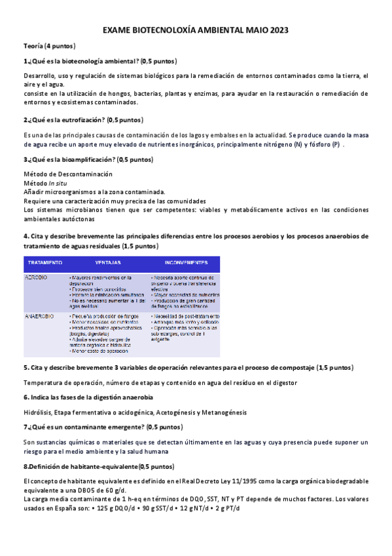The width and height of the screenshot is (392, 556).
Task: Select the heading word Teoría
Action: [35, 46]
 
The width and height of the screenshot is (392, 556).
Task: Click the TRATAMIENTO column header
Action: [44, 262]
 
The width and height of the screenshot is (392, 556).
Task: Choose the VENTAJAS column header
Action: [108, 262]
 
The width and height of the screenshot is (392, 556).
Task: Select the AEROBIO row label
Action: [36, 277]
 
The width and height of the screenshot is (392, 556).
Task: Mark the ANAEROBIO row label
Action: [39, 315]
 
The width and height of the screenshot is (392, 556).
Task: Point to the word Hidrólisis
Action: [39, 412]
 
